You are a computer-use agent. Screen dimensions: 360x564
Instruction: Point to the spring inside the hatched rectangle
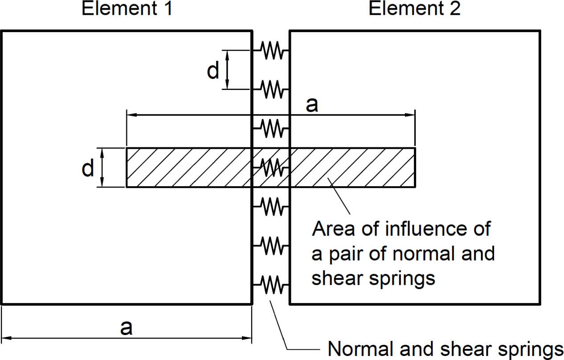pyautogui.click(x=271, y=168)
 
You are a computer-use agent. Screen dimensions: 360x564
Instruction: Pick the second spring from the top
pyautogui.click(x=271, y=89)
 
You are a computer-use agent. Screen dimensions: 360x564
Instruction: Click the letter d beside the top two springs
pyautogui.click(x=213, y=71)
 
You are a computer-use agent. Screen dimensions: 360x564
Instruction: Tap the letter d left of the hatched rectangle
pyautogui.click(x=88, y=168)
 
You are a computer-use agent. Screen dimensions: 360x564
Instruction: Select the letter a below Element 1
pyautogui.click(x=127, y=327)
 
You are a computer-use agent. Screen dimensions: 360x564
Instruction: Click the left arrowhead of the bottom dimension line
pyautogui.click(x=6, y=338)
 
